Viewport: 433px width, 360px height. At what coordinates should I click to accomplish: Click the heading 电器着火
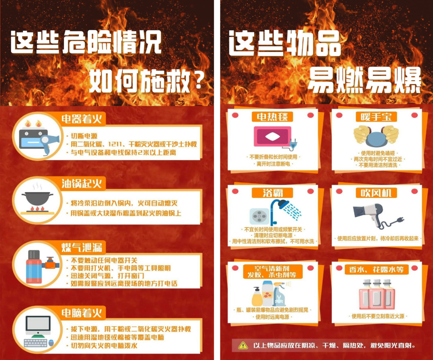coord(82,119)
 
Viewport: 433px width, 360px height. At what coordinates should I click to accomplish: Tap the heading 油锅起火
coord(82,184)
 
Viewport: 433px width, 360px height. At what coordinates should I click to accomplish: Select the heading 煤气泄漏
coord(82,247)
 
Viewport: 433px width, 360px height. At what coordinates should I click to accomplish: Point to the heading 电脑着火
coord(82,313)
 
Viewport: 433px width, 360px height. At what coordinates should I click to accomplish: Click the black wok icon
coord(37,198)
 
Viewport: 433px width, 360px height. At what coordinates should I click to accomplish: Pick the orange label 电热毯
coord(272,117)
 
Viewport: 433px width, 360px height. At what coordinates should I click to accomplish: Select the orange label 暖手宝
coord(376,117)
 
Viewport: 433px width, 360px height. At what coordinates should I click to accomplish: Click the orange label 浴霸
coord(272,193)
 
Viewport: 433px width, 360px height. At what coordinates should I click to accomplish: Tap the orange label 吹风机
coord(376,193)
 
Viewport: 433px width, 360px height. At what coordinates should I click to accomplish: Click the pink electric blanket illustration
coord(272,136)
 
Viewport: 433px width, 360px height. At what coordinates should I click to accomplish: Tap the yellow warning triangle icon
coord(243,345)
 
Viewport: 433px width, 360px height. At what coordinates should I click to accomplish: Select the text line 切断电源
coord(84,136)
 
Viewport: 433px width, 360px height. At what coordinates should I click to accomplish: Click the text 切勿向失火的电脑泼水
coord(104,346)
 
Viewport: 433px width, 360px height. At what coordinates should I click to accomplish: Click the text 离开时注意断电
coord(273,164)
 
